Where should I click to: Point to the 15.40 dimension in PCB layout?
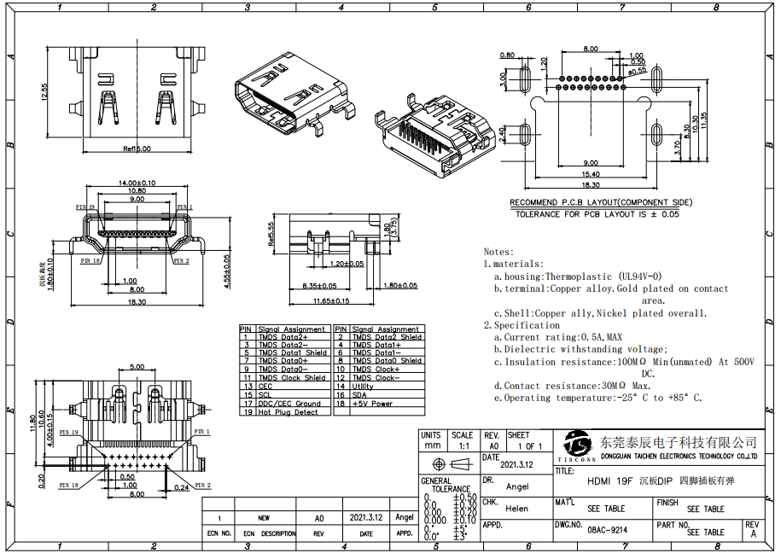click(x=591, y=174)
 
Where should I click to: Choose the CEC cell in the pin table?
click(x=265, y=387)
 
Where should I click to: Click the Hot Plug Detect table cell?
click(x=288, y=412)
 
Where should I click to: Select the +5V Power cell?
click(x=372, y=404)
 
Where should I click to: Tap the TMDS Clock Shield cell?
click(x=291, y=378)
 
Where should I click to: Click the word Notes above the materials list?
click(x=498, y=252)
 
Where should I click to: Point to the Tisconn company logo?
click(x=578, y=445)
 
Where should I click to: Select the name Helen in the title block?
click(x=517, y=509)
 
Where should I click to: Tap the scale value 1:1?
click(x=463, y=445)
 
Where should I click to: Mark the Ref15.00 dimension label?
click(x=137, y=148)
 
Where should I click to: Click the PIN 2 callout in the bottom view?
click(x=202, y=486)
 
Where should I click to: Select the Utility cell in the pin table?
click(x=363, y=387)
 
